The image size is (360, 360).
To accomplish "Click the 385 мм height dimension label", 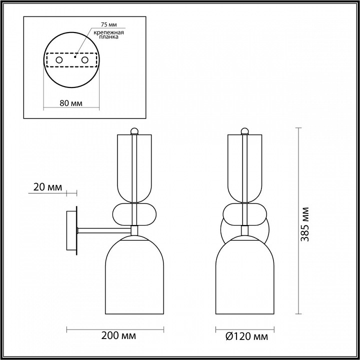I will (x=305, y=224).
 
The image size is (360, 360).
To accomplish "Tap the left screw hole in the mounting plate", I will (x=59, y=60).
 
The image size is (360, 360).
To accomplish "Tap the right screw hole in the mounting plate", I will (x=85, y=60).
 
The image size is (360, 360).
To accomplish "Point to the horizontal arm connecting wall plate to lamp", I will (x=102, y=230).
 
